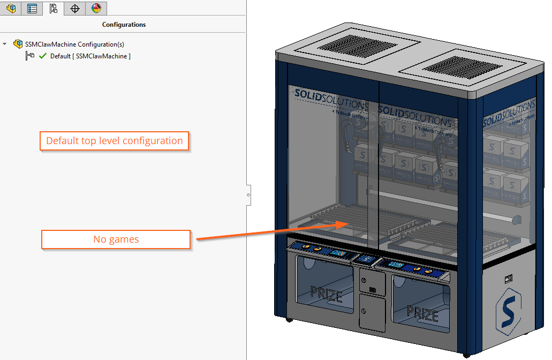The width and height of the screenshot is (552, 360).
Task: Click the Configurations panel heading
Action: point(124,25)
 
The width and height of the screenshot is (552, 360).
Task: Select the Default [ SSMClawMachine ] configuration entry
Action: point(90,56)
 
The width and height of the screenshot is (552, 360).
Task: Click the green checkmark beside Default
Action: point(43,56)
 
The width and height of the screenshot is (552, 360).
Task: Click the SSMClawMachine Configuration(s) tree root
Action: point(74,44)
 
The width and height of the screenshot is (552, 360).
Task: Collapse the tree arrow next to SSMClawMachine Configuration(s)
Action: point(5,44)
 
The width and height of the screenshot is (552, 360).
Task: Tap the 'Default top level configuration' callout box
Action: point(115,141)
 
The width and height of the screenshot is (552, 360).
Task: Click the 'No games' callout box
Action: point(116,239)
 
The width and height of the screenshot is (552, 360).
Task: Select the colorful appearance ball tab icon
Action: point(96,8)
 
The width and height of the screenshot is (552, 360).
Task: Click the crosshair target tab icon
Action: point(75,8)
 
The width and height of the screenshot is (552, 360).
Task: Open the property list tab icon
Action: point(32,8)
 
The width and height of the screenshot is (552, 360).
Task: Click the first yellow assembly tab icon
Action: point(11,8)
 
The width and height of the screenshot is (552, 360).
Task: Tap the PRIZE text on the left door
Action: point(326,293)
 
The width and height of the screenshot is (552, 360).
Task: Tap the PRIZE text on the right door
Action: point(423,312)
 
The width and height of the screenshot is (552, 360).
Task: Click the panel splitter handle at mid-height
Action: point(248,195)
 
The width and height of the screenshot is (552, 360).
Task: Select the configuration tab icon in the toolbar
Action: point(53,8)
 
